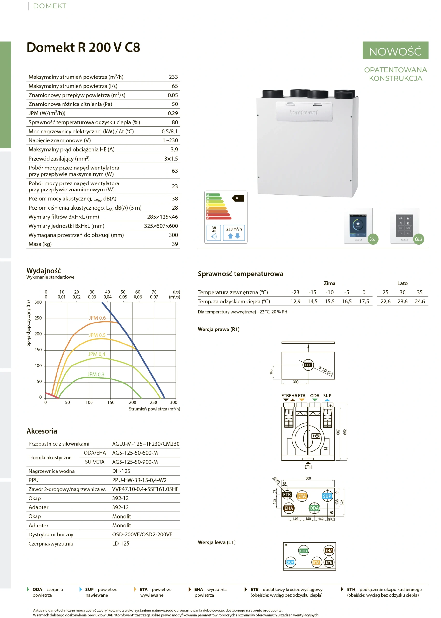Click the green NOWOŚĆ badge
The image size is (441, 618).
(x=395, y=50)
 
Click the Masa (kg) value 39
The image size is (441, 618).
(x=175, y=244)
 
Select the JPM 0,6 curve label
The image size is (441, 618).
(x=97, y=318)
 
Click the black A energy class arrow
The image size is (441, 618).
(x=238, y=198)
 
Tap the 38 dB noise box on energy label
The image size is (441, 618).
(x=214, y=233)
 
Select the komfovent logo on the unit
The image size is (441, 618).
(x=303, y=112)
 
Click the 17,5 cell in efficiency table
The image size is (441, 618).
(x=364, y=301)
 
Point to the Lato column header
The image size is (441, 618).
(x=402, y=283)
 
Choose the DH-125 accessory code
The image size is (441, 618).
(x=121, y=471)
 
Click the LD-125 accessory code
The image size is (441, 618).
(x=121, y=543)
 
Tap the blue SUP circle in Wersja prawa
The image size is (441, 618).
(x=327, y=496)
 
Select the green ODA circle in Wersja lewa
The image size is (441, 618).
(x=303, y=551)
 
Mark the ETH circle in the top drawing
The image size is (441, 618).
(x=308, y=365)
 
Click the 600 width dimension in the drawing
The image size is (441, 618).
(x=308, y=478)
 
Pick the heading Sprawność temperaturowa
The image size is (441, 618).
(x=240, y=274)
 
